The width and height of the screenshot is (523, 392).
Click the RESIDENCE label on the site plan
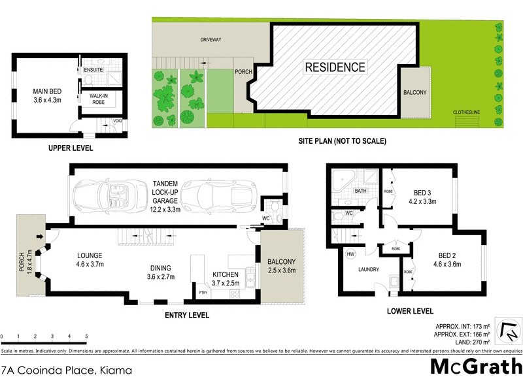point(334,67)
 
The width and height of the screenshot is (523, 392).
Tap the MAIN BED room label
point(46,96)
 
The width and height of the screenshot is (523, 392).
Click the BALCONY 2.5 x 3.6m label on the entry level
point(282,266)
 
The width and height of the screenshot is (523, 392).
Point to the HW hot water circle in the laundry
point(350,254)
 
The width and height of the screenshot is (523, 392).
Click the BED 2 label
point(447,260)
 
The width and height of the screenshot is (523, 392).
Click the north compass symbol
point(507,331)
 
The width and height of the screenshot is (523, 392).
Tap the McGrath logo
point(475,367)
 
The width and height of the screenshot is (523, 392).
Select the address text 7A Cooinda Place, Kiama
point(67,370)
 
